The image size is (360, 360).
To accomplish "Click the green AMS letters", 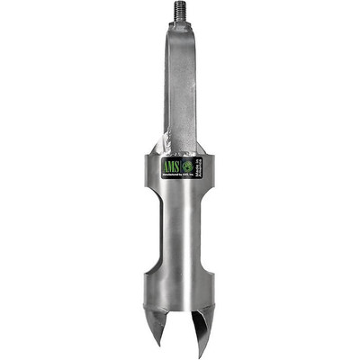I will coord(171,167).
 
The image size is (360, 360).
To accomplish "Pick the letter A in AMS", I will coord(165,167).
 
